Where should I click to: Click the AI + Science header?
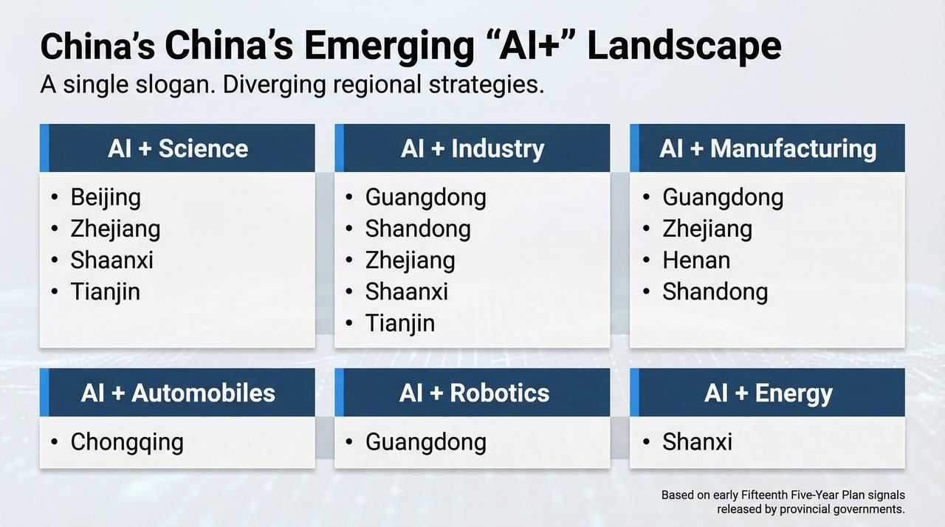pos(178,148)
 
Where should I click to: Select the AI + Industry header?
pos(472,148)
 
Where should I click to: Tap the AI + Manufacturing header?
pos(767,148)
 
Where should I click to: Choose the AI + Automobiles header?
pos(178,393)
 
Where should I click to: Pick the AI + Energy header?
pos(767,393)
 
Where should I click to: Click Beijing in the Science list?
pos(106,198)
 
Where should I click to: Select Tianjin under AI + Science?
pos(105,292)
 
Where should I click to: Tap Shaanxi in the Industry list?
pos(407,292)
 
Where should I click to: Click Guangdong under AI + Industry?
pos(426,198)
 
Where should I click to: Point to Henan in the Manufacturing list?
pos(696,260)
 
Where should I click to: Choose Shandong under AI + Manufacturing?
pos(715,292)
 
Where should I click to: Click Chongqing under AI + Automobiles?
pos(127,443)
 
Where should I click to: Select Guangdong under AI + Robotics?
pos(426,443)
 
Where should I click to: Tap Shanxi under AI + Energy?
pos(698,442)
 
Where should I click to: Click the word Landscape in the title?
pos(684,47)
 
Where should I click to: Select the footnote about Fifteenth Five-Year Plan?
pos(783,502)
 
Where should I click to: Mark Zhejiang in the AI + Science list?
pos(115,230)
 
